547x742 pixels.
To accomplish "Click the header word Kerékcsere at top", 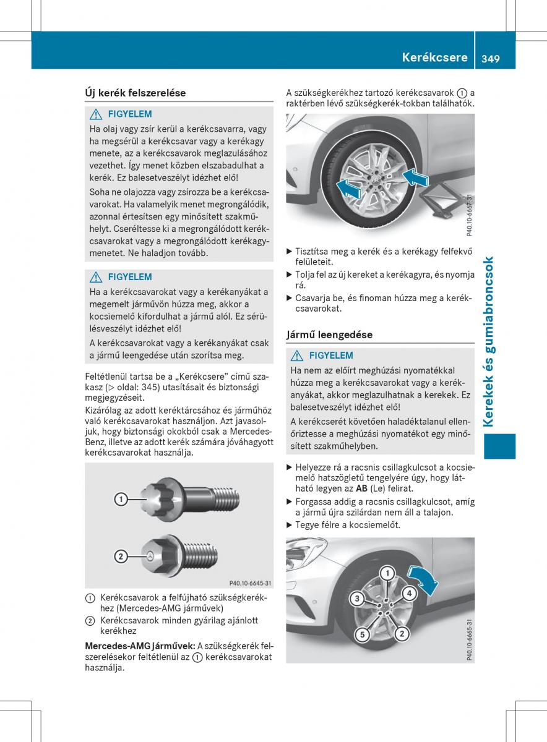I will pyautogui.click(x=434, y=58).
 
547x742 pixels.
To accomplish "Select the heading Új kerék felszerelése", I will pyautogui.click(x=135, y=93).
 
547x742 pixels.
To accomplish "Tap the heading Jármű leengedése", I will pyautogui.click(x=329, y=335).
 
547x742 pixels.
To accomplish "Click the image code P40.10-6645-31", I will pyautogui.click(x=250, y=583).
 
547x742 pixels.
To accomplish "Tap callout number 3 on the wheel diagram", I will pyautogui.click(x=357, y=599).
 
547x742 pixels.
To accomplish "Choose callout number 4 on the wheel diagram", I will pyautogui.click(x=408, y=594).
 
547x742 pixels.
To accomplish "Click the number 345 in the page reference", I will pyautogui.click(x=152, y=387).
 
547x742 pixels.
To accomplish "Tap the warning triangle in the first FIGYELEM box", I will pyautogui.click(x=96, y=114).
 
